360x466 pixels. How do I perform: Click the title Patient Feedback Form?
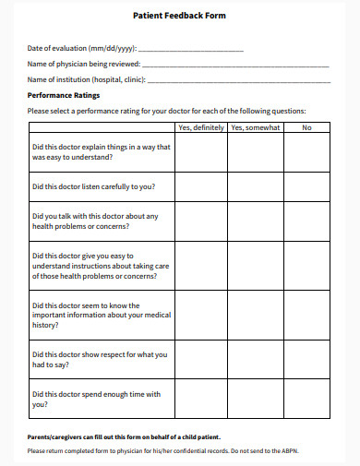click(x=180, y=16)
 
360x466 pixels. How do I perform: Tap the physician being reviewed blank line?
click(x=235, y=65)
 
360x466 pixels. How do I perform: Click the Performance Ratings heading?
click(x=64, y=95)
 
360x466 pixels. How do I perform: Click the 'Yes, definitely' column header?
click(x=200, y=127)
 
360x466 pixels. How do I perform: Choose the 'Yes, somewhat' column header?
click(x=255, y=127)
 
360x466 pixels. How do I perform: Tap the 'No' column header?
click(x=306, y=127)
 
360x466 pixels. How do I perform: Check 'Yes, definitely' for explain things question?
click(x=200, y=152)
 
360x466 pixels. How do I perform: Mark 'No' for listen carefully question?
click(x=306, y=186)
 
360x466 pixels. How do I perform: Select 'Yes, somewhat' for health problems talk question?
click(x=255, y=221)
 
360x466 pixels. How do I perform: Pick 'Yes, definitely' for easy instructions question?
click(x=200, y=265)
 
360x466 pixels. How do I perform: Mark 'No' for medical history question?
click(x=306, y=314)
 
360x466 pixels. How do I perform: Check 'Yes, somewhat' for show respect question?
click(x=255, y=359)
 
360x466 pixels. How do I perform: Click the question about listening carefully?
click(x=92, y=186)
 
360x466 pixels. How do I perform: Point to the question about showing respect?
click(x=99, y=359)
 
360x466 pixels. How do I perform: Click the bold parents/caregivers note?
click(x=124, y=436)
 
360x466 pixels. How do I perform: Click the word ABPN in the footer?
click(x=316, y=450)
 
